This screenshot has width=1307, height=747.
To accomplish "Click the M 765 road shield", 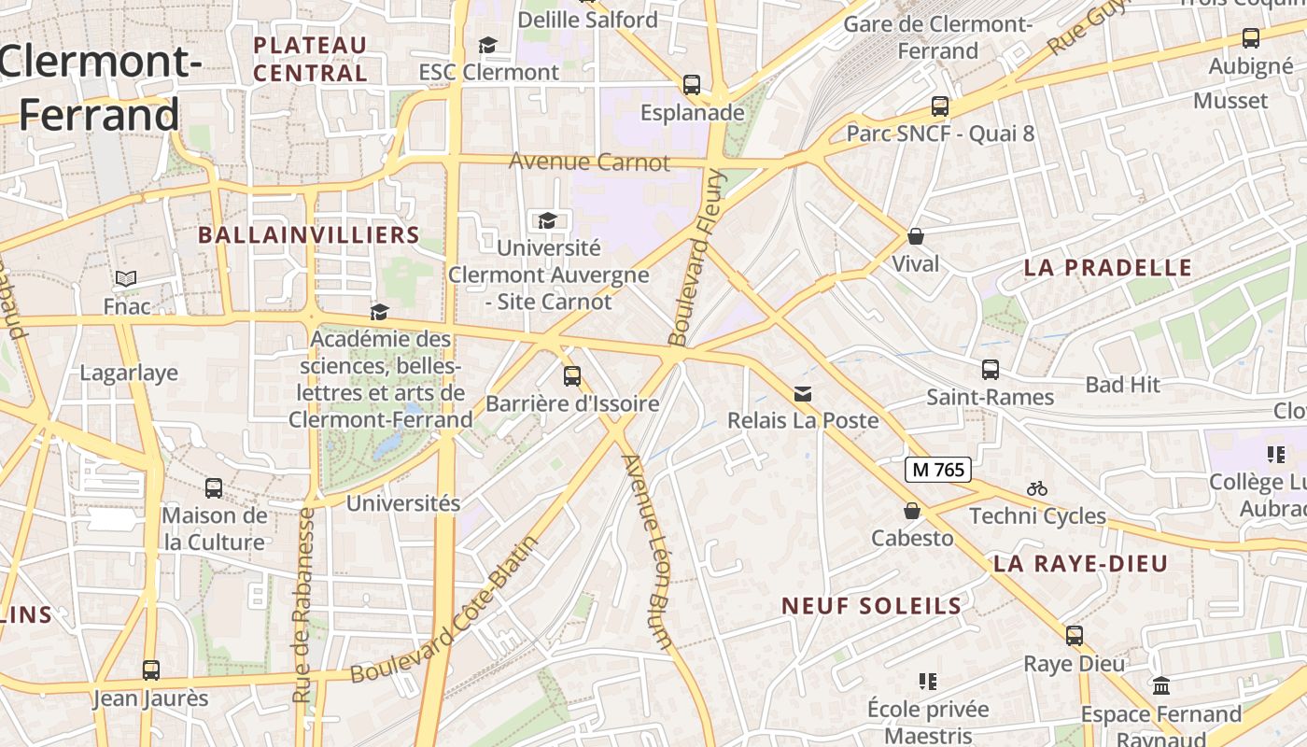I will [937, 470].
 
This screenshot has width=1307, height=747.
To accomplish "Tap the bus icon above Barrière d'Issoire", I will [572, 376].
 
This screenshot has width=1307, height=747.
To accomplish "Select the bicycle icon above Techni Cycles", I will [1036, 488].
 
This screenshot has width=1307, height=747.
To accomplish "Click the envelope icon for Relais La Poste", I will [803, 394].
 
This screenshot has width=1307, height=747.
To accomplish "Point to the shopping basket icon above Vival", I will [916, 236].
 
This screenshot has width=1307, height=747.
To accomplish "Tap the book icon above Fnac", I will [126, 278].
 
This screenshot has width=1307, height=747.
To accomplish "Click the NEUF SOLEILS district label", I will [871, 606].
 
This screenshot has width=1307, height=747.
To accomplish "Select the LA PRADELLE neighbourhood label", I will [1107, 268].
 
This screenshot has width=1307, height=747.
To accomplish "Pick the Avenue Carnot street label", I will [589, 162].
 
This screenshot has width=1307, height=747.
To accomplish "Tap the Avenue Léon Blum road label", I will [648, 551].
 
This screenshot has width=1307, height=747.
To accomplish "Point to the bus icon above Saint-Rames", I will [990, 370].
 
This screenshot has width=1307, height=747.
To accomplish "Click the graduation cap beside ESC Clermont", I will [487, 45].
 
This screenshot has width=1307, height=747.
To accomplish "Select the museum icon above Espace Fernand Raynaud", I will [1161, 686].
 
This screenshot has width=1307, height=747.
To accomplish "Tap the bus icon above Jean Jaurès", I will [150, 670].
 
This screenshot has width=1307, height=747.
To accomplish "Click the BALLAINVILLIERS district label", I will [309, 235].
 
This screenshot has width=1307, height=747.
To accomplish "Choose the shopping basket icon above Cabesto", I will [912, 511].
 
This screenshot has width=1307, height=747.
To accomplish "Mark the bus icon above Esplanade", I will [692, 85].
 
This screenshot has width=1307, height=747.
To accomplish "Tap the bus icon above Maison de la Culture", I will [214, 487].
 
